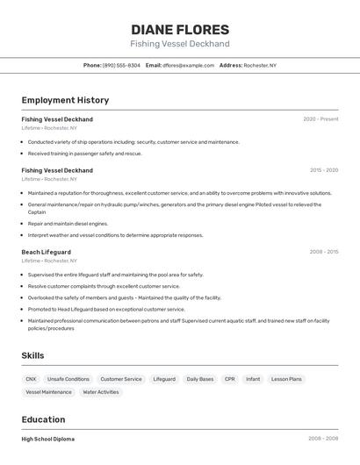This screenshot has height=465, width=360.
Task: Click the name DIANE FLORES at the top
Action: click(180, 29)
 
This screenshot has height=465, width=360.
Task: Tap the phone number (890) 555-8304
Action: click(121, 65)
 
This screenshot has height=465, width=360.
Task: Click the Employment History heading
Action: click(65, 100)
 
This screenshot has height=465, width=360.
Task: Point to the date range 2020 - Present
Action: click(320, 119)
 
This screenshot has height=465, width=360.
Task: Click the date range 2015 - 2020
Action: click(323, 170)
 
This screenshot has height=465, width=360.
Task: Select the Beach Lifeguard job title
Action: click(47, 252)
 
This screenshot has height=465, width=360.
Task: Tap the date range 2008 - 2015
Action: click(323, 252)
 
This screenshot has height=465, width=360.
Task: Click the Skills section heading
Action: click(33, 355)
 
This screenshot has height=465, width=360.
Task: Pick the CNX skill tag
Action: click(32, 379)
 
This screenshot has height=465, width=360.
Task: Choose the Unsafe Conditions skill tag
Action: click(68, 379)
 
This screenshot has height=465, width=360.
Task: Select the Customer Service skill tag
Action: click(121, 379)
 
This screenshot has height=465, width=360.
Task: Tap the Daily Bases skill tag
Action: click(200, 379)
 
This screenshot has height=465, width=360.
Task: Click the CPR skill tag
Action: click(230, 379)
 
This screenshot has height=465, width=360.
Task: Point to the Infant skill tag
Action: click(253, 379)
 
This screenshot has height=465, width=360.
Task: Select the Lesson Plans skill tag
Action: click(286, 379)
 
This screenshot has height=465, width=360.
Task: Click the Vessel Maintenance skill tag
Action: click(49, 392)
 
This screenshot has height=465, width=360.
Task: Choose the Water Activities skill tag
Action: click(101, 392)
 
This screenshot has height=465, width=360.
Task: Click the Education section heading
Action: click(43, 419)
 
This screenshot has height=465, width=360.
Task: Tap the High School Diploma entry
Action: click(48, 439)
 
